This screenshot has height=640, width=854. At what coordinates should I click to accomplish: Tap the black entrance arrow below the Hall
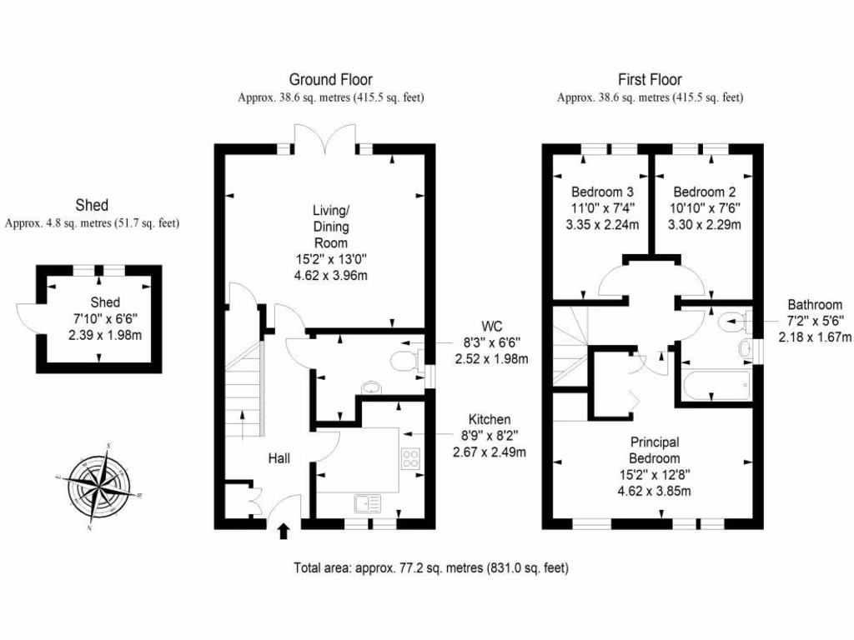(x=284, y=531)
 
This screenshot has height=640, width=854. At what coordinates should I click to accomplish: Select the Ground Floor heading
(x=330, y=80)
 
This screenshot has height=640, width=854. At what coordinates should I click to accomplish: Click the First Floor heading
(x=649, y=80)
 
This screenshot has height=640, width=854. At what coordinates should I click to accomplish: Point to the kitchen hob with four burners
(x=411, y=459)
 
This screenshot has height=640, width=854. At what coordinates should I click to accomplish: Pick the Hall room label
(x=279, y=458)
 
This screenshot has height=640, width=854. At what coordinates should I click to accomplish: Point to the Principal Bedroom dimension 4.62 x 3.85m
(x=654, y=490)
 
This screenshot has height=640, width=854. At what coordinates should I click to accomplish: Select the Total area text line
(x=431, y=568)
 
